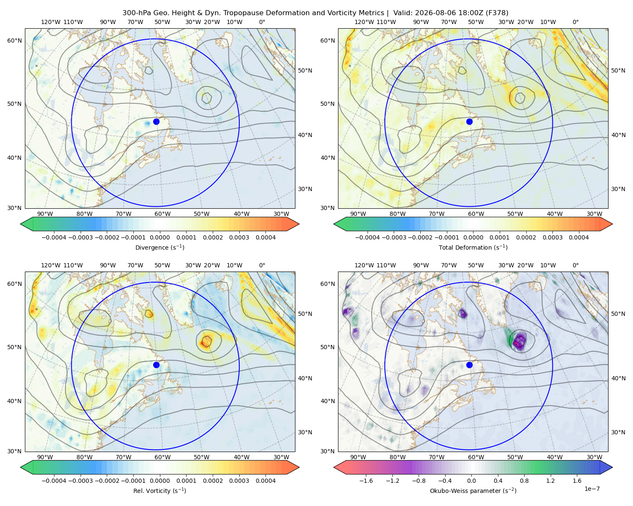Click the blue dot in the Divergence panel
click(156, 121)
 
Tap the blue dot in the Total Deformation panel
click(469, 121)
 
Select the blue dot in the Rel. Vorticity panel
click(156, 365)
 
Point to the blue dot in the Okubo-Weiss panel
click(469, 365)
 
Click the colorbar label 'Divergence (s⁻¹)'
click(160, 247)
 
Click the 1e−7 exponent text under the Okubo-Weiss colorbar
click(592, 489)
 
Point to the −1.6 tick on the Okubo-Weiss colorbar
click(366, 480)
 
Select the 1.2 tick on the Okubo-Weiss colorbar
click(550, 480)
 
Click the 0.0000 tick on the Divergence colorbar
click(160, 237)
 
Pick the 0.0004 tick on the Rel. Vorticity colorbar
click(265, 480)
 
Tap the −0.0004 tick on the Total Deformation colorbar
click(368, 237)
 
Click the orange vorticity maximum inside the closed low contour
click(206, 342)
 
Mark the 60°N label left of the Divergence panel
click(14, 40)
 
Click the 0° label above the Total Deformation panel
click(575, 22)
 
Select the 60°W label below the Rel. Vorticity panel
click(162, 457)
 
